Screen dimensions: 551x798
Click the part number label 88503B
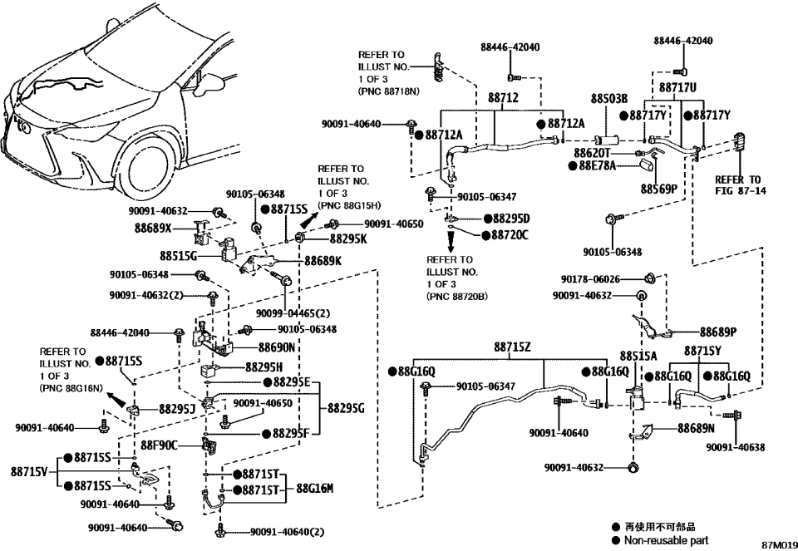pos(608,98)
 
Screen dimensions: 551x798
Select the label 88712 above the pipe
pos(503,98)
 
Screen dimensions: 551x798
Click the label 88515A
pos(638,355)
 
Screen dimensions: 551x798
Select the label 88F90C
pos(160,445)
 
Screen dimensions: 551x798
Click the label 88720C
pos(510,235)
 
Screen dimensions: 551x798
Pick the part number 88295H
pos(264,366)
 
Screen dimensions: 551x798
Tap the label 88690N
pos(277,347)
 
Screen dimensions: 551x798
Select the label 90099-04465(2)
pos(293,313)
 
